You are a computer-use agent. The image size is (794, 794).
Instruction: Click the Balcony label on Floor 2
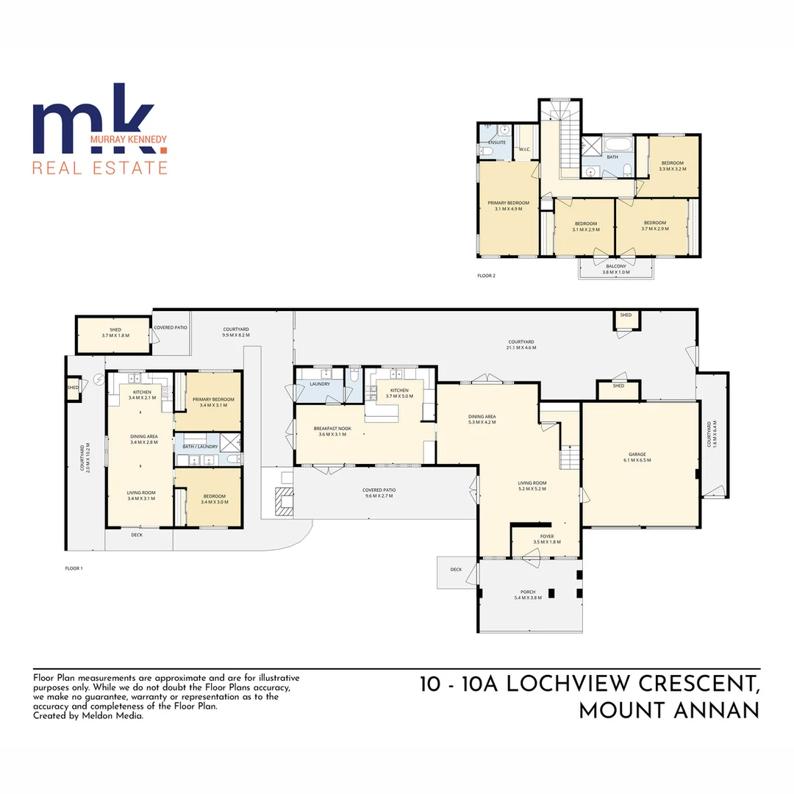pos(615,268)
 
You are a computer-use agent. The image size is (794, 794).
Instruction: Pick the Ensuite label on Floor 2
pos(498,142)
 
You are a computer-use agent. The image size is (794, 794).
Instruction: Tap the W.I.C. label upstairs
pos(524,150)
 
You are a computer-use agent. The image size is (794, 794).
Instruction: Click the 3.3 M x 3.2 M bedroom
pos(673,165)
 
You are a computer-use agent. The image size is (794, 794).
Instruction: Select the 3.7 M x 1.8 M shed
pos(115,332)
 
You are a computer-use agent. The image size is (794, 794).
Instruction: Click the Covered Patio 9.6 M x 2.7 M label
pos(379,493)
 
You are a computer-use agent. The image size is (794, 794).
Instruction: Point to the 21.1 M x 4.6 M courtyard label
pos(521,344)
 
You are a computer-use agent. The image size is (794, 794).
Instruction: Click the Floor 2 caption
pos(486,276)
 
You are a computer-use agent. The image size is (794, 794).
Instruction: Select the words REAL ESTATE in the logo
pos(100,168)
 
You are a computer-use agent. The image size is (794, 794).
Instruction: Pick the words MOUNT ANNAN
pos(668,712)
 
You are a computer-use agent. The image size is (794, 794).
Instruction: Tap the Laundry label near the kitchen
pos(320,384)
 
